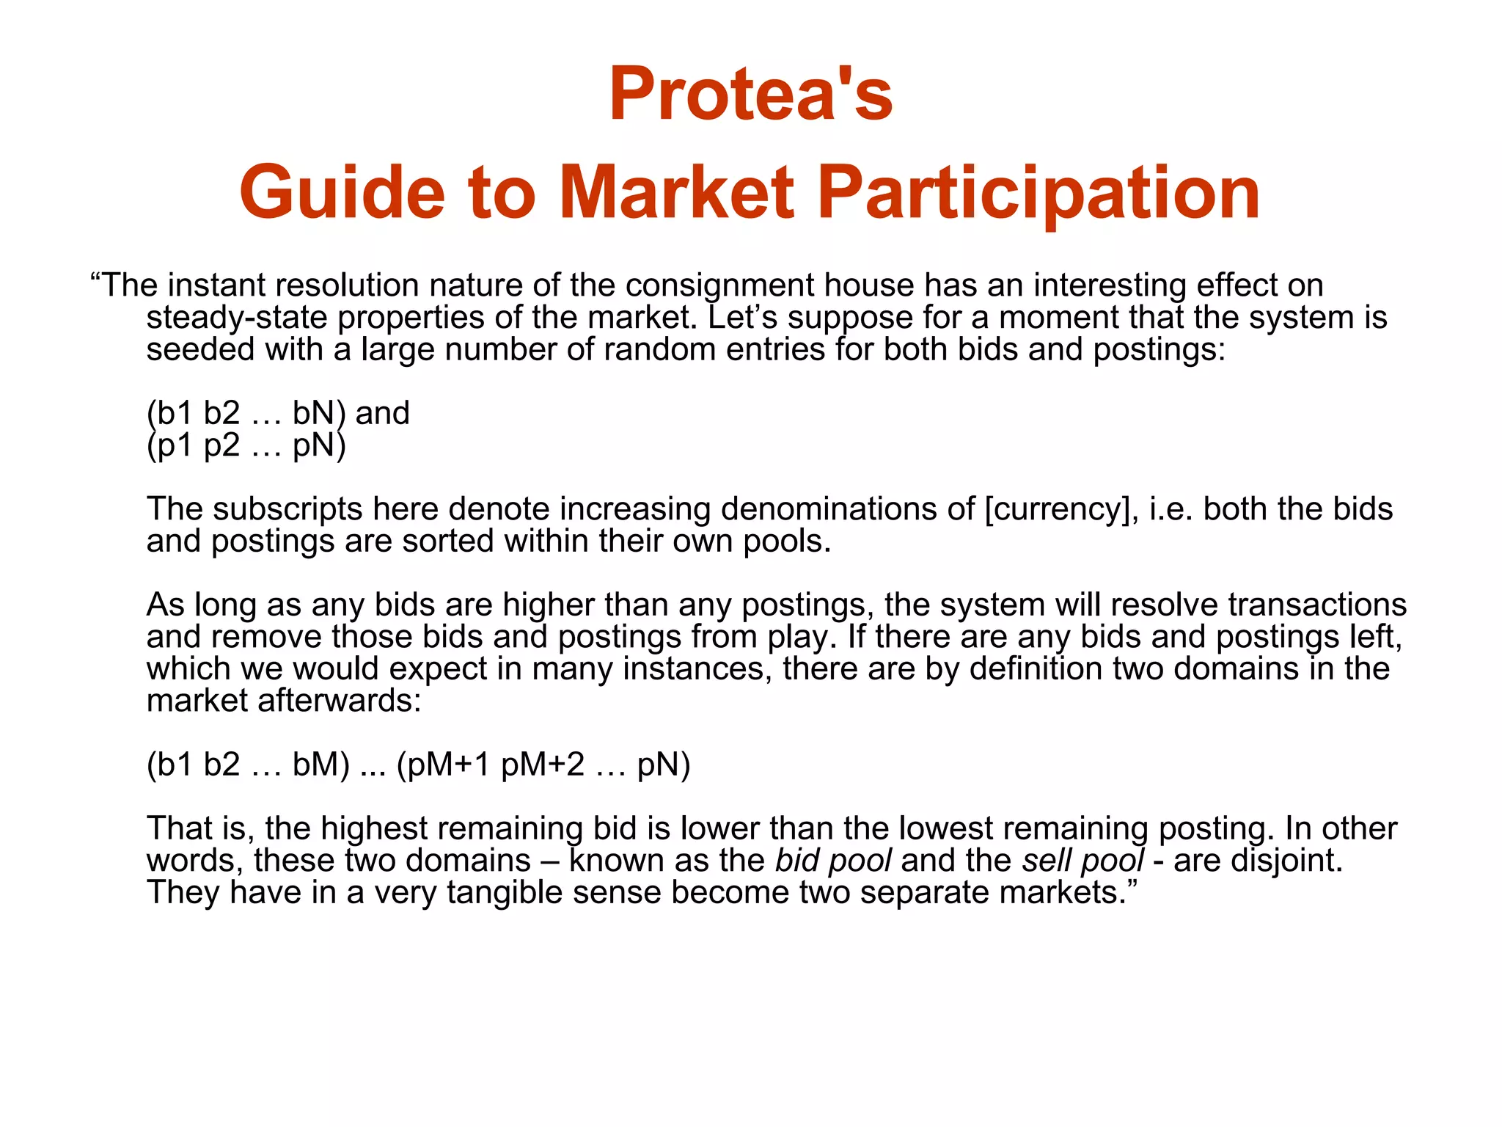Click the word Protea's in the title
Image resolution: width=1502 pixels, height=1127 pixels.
click(x=750, y=94)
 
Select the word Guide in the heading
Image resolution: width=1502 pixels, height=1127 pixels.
click(x=342, y=192)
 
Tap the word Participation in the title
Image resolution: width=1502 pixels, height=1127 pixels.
click(x=1038, y=192)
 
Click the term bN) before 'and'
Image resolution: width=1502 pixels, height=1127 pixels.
click(x=318, y=413)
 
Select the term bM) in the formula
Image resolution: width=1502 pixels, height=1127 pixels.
click(x=320, y=765)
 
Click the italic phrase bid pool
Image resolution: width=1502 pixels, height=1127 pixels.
click(x=834, y=861)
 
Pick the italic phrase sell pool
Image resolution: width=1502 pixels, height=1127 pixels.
click(x=1082, y=861)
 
